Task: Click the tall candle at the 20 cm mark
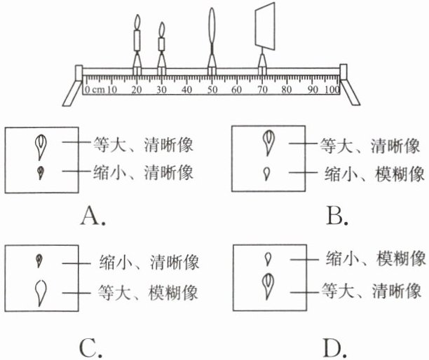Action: [x=138, y=39]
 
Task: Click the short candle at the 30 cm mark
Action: [x=162, y=43]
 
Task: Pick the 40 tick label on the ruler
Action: [x=186, y=90]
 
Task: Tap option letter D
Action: [x=337, y=347]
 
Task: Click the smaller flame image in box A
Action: [x=40, y=170]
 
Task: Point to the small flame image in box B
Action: [x=267, y=172]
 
